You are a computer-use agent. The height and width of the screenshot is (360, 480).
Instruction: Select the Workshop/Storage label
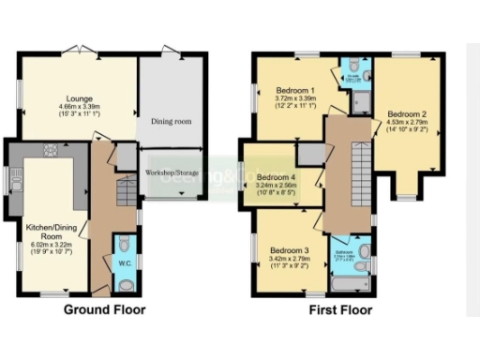tap(172, 173)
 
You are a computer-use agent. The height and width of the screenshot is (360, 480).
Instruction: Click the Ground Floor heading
tap(104, 309)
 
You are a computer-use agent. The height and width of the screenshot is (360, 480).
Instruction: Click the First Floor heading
tap(340, 309)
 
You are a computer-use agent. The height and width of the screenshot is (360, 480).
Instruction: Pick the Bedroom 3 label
tap(290, 250)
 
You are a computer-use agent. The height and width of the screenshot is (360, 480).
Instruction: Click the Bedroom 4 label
tap(277, 177)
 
